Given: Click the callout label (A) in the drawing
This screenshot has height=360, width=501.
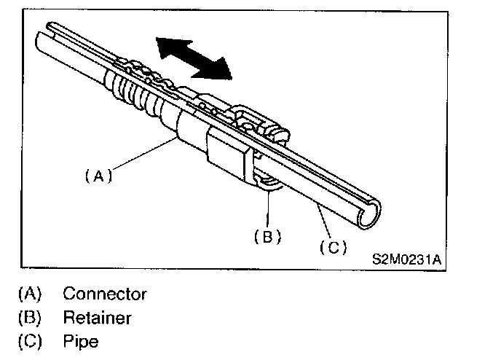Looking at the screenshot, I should pyautogui.click(x=98, y=176).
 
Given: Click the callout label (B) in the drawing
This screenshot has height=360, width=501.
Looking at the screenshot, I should pyautogui.click(x=267, y=236).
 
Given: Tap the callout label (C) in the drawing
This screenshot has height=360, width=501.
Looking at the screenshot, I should pyautogui.click(x=331, y=247).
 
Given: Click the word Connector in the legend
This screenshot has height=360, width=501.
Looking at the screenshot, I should pyautogui.click(x=105, y=294).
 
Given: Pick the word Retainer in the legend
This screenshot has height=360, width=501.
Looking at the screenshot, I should pyautogui.click(x=97, y=318).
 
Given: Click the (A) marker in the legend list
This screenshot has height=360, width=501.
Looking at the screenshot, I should pyautogui.click(x=30, y=294).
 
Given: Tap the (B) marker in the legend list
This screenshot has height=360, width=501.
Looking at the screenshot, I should pyautogui.click(x=30, y=318).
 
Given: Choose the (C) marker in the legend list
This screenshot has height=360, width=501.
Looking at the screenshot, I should pyautogui.click(x=30, y=341).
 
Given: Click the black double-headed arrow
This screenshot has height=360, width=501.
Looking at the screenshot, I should pyautogui.click(x=193, y=58).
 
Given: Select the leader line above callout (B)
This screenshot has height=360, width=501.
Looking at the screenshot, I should pyautogui.click(x=267, y=208).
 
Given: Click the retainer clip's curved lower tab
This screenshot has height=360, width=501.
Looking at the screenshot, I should pyautogui.click(x=268, y=186).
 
